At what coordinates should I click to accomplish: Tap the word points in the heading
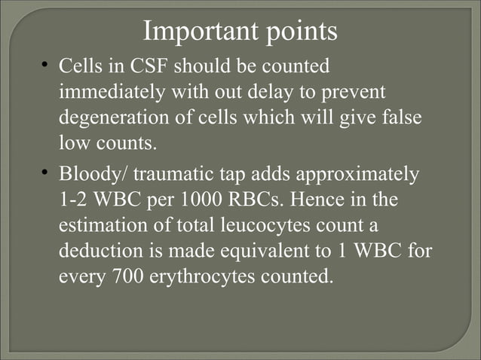point(298,33)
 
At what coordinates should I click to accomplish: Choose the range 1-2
point(74,201)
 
